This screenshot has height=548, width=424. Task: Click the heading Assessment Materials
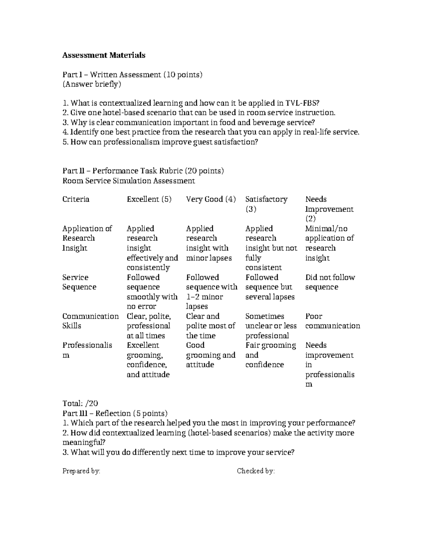[104, 55]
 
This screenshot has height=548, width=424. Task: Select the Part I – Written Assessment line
[132, 75]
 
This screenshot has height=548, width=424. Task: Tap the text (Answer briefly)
[92, 84]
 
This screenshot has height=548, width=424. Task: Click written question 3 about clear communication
[188, 123]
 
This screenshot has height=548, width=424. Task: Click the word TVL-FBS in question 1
[304, 103]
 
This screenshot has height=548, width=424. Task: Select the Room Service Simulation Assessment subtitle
[129, 181]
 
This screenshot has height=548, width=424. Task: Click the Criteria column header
[76, 199]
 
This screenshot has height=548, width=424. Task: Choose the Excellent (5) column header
[149, 199]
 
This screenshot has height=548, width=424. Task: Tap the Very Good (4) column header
[211, 199]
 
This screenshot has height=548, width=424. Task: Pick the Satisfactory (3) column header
[266, 204]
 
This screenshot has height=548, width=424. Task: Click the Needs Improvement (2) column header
[329, 209]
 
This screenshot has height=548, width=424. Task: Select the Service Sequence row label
[79, 282]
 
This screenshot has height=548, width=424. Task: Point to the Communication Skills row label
[90, 321]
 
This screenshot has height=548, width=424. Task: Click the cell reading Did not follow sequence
[330, 282]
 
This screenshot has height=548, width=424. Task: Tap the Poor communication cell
[332, 321]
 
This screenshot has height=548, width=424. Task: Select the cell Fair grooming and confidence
[271, 355]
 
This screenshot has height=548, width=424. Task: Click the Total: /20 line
[80, 403]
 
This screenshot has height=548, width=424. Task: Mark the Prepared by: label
[81, 471]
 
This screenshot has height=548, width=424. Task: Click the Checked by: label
[256, 471]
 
